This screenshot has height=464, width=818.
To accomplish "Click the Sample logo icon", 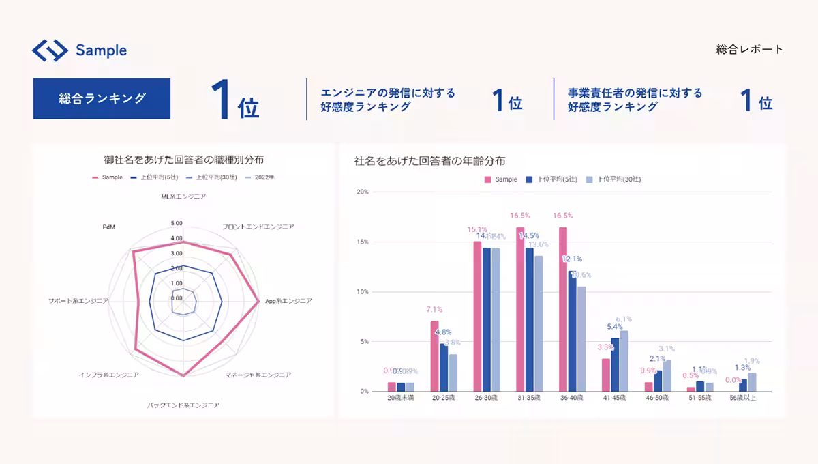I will tap(50, 50).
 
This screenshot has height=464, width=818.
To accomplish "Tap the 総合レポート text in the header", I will tap(750, 49).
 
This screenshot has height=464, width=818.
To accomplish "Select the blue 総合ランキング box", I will tap(102, 98).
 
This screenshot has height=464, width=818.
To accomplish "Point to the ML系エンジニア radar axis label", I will tap(183, 197).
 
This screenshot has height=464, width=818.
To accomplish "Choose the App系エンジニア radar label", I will tap(288, 300).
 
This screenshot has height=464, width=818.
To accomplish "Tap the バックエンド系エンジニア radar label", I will tap(183, 405).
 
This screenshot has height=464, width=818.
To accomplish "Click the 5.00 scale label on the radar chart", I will tap(177, 223).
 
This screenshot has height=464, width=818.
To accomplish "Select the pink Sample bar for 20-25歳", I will tap(434, 356).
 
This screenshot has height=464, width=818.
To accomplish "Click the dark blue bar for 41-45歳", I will tap(615, 365).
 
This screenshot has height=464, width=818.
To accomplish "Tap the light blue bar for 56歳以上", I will tap(752, 382).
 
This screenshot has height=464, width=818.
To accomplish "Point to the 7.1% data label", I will tap(434, 309).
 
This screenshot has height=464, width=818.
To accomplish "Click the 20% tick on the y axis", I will tap(363, 192).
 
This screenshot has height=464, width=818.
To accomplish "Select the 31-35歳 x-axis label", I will tap(529, 398).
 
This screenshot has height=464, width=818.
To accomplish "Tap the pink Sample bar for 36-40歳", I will tap(563, 309).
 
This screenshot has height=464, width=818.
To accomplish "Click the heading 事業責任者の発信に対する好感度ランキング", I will tap(635, 100).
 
